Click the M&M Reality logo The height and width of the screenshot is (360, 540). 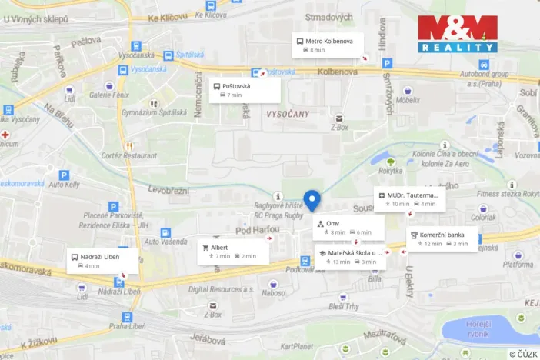click(x=458, y=33)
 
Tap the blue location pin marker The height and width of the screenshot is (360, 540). click(x=312, y=200)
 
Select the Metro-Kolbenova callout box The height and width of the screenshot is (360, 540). click(x=328, y=45)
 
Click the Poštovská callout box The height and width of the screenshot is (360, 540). click(x=245, y=91)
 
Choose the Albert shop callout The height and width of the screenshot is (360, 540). click(x=235, y=252)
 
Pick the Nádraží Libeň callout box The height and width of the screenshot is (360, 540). click(x=102, y=261)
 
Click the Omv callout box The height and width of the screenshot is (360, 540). click(x=348, y=227)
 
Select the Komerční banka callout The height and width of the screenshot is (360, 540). click(x=442, y=239)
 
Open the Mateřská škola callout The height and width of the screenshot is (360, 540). click(x=350, y=257)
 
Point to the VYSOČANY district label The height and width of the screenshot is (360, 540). click(x=287, y=113)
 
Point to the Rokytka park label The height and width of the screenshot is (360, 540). click(x=391, y=172)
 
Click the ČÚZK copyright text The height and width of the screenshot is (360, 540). click(x=523, y=354)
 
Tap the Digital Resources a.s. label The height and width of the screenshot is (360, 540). click(x=222, y=289)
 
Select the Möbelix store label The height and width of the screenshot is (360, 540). click(x=409, y=100)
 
